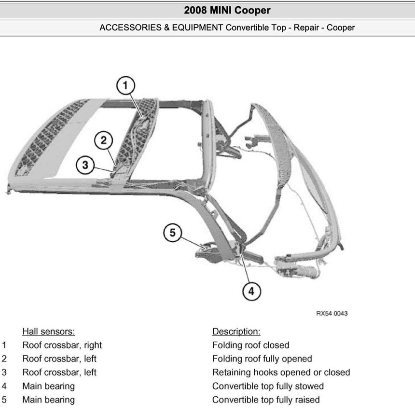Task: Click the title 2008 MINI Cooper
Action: (227, 10)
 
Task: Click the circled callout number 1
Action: (125, 86)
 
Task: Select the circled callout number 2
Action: (103, 141)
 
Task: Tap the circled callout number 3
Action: (85, 165)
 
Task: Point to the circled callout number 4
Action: (251, 290)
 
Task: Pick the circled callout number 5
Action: (173, 233)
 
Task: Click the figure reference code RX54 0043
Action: (332, 313)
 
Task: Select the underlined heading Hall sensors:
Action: (48, 332)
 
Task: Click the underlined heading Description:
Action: (236, 332)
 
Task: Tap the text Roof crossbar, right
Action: (62, 345)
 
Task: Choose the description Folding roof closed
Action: (250, 345)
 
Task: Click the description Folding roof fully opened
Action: (262, 359)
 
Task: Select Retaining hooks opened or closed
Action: (281, 372)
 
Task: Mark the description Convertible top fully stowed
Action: (268, 386)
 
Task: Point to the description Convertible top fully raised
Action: (266, 400)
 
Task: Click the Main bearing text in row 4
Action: (48, 386)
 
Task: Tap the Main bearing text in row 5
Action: (48, 400)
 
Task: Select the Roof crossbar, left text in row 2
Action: (59, 359)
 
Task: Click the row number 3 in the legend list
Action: (4, 372)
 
